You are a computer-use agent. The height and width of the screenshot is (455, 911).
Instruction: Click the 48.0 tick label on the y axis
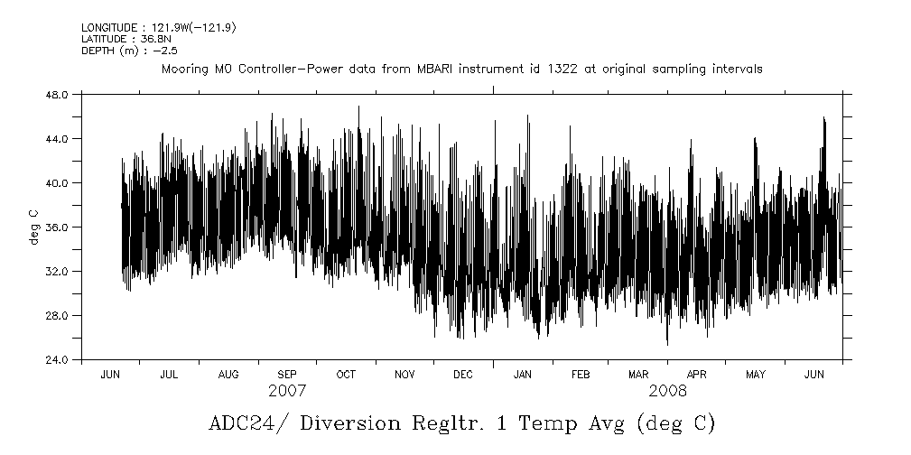[58, 94]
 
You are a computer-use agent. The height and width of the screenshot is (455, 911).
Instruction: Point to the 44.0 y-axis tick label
[58, 138]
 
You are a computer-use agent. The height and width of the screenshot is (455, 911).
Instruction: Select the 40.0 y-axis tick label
[58, 182]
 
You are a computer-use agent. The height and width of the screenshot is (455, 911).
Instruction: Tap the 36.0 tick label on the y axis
[58, 227]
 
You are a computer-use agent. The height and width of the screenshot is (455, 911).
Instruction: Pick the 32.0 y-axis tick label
[58, 271]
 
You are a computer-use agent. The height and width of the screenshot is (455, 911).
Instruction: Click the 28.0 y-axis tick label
[58, 315]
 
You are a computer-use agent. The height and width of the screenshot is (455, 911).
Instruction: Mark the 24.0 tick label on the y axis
[58, 359]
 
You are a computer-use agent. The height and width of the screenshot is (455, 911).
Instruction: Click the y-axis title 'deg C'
[33, 227]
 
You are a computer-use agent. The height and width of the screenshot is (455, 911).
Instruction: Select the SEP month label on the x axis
[286, 375]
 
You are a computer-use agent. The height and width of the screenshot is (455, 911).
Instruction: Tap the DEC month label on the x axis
[462, 375]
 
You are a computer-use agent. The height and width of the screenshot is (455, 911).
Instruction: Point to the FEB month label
[581, 375]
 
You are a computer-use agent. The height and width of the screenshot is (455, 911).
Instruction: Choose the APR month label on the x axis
[697, 375]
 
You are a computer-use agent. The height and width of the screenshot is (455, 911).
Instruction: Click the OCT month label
[345, 375]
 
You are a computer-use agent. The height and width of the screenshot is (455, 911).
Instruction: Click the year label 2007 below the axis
[287, 391]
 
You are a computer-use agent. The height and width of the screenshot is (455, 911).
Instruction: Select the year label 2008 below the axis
[667, 391]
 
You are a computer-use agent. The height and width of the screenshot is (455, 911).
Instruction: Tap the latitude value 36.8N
[151, 40]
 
